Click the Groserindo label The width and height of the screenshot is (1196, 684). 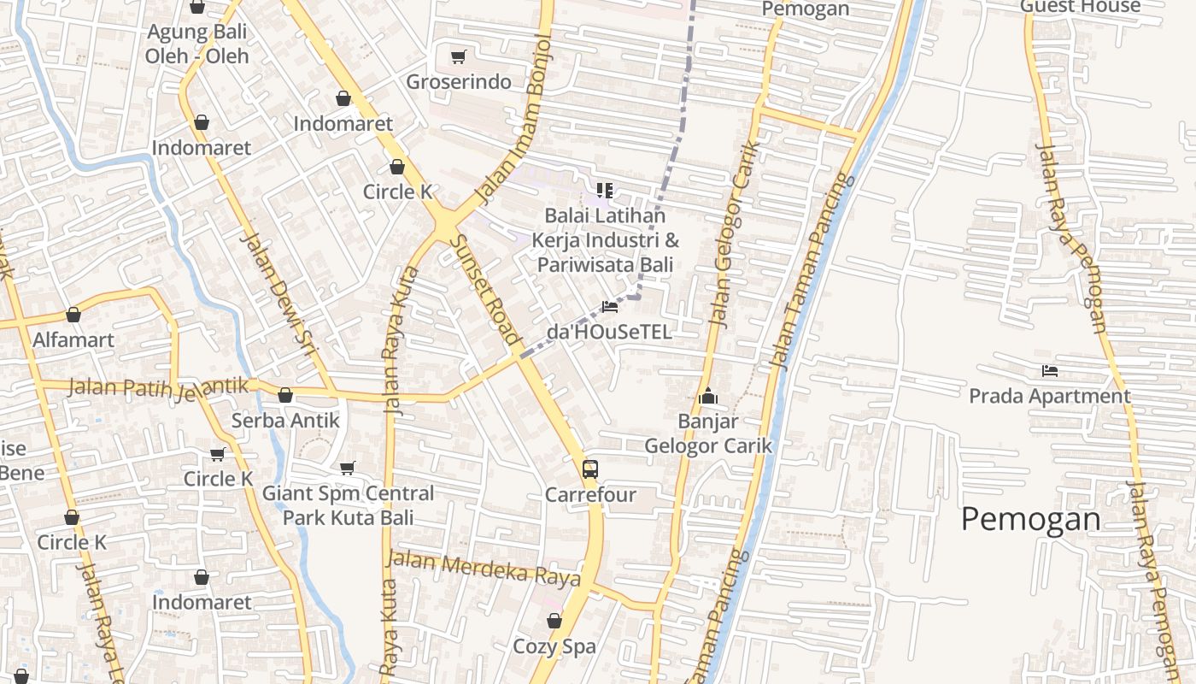(459, 82)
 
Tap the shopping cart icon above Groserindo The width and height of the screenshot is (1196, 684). (459, 57)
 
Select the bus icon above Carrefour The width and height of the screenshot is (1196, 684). (590, 469)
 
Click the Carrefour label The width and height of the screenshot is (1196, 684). (590, 495)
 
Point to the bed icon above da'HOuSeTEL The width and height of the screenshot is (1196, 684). (610, 306)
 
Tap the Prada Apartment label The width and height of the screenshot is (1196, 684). (1049, 397)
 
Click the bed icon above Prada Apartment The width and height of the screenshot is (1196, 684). (1050, 371)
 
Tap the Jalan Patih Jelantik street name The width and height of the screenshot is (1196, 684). (158, 387)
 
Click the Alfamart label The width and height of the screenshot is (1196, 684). (73, 340)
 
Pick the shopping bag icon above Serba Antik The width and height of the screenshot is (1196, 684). (285, 395)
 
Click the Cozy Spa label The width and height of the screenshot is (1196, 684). (554, 647)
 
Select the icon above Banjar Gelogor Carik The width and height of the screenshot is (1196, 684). (707, 397)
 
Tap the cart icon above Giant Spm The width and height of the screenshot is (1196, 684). (347, 468)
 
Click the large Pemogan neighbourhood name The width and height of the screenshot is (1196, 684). (1030, 519)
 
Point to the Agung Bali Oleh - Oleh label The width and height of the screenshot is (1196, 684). (197, 44)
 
